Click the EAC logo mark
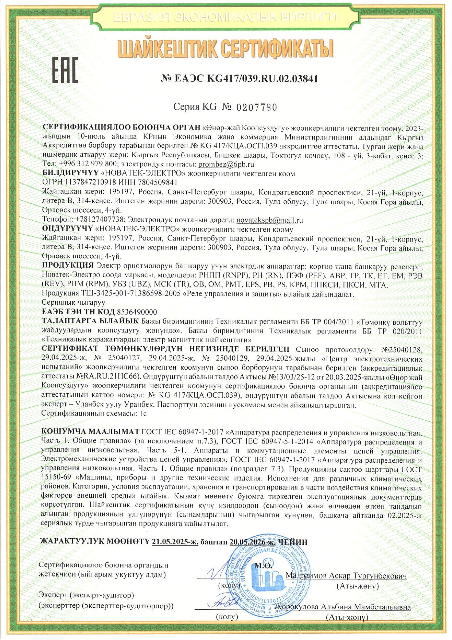[x=66, y=69]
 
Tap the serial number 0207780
[x=257, y=107]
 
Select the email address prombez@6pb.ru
[x=221, y=164]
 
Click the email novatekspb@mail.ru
[x=270, y=220]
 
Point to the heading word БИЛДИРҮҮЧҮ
[x=71, y=173]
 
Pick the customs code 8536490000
[x=137, y=312]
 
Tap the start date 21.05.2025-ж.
[x=175, y=542]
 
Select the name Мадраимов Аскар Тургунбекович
[x=346, y=576]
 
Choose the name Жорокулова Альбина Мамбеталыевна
[x=343, y=607]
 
